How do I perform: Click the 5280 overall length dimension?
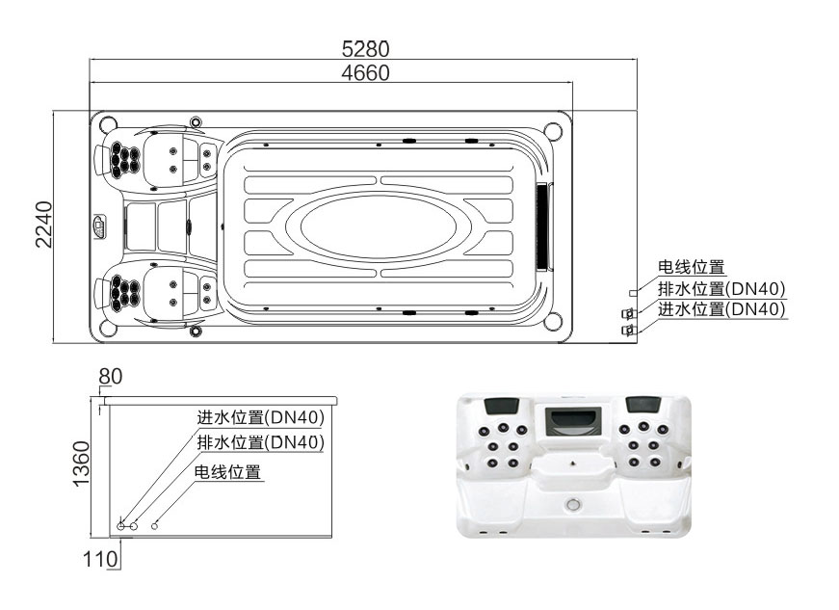tap(366, 48)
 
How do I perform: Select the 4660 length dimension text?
tap(366, 72)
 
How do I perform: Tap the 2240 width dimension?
tap(44, 225)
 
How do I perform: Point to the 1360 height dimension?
tap(82, 464)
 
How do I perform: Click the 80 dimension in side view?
tap(111, 376)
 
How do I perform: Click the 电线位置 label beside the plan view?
tap(691, 268)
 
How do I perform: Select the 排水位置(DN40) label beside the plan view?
tap(721, 288)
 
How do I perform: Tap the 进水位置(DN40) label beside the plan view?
tap(721, 308)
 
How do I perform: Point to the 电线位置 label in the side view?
tap(228, 472)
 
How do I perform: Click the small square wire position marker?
tap(632, 291)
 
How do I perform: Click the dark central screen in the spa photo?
tap(572, 419)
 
